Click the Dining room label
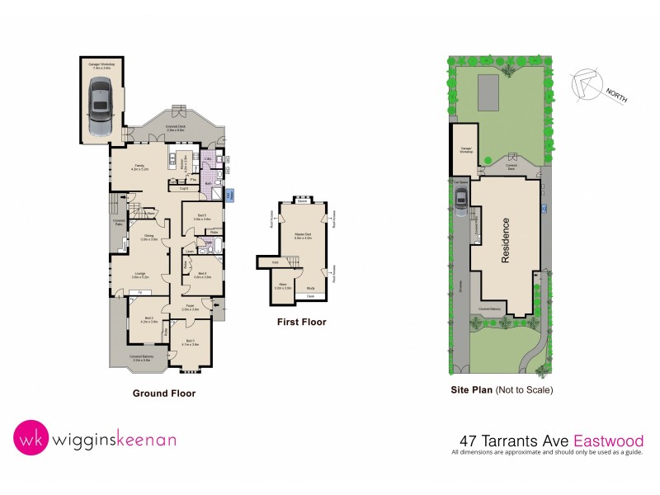[x=149, y=236]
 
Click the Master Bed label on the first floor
[x=303, y=236]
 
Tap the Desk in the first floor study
[x=310, y=295]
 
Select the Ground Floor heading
[x=164, y=394]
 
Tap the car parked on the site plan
[x=461, y=198]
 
